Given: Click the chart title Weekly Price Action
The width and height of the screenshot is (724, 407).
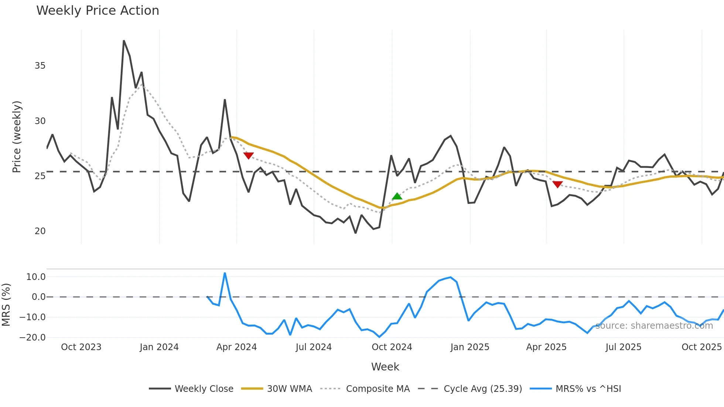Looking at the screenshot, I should [98, 11].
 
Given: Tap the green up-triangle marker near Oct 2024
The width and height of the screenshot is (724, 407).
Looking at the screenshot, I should [397, 196].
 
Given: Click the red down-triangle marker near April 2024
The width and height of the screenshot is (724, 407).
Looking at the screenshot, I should [249, 155].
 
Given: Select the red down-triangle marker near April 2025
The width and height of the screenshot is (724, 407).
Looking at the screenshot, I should [557, 184].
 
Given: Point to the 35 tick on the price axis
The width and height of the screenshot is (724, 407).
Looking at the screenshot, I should [40, 66].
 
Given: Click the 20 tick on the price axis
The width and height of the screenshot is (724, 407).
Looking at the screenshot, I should [40, 231].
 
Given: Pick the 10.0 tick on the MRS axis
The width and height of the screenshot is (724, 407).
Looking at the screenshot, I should [36, 277].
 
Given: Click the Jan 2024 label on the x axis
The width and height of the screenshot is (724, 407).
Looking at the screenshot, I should [159, 347].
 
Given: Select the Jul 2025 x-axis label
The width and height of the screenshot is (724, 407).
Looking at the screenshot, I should [624, 347].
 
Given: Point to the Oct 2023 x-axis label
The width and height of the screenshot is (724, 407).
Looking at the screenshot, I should [81, 347].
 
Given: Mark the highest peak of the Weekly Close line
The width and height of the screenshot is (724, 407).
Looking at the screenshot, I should [124, 41].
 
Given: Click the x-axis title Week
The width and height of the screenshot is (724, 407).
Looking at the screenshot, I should [385, 367].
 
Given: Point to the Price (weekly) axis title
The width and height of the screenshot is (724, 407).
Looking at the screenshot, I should [17, 137].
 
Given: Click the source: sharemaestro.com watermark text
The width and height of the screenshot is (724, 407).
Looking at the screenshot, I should [654, 326].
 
